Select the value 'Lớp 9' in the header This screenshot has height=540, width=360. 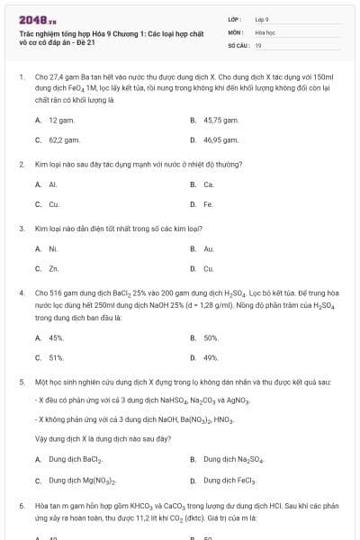[x=262, y=19]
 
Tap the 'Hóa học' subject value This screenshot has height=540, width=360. [x=265, y=31]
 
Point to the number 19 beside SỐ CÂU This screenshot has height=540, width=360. [x=258, y=44]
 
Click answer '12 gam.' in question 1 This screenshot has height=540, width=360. [x=61, y=120]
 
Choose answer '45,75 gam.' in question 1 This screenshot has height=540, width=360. [x=220, y=120]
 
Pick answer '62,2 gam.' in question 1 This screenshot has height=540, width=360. [x=62, y=140]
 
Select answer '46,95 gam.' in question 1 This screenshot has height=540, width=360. [x=220, y=140]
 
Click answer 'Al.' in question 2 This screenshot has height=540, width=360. [x=53, y=184]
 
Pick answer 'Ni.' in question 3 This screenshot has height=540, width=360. [x=53, y=248]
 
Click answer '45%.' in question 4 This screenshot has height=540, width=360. [x=56, y=337]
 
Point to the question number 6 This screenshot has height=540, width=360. [x=21, y=507]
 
